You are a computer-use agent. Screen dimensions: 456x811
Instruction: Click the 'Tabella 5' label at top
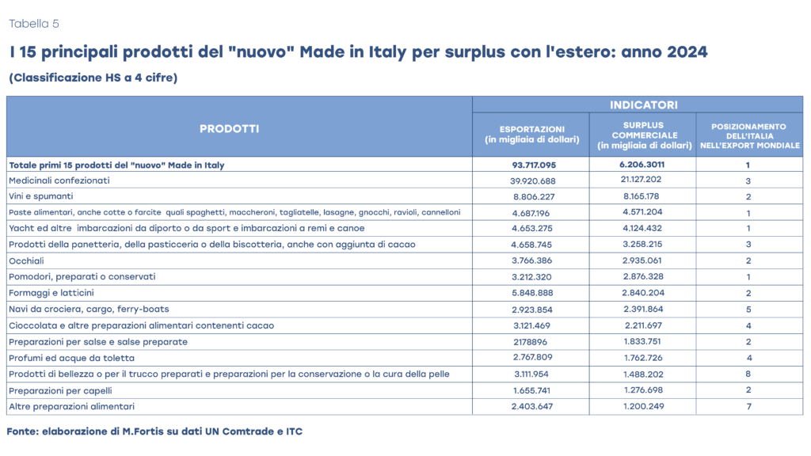[33, 24]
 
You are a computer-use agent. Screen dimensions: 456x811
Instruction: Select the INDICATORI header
[638, 104]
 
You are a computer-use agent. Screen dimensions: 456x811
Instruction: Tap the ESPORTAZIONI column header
[531, 135]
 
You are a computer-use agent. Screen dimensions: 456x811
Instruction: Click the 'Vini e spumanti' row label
[41, 196]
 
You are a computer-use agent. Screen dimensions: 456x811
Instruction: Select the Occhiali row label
[28, 260]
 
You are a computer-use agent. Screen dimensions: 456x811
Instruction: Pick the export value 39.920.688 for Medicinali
[531, 180]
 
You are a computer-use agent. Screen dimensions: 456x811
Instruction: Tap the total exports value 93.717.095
[531, 165]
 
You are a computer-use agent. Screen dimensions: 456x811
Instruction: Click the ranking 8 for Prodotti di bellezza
[747, 374]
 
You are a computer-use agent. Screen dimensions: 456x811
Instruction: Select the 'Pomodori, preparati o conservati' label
[82, 277]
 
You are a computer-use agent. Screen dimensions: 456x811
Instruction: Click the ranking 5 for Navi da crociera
[747, 310]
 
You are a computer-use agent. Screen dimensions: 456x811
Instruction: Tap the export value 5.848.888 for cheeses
[531, 293]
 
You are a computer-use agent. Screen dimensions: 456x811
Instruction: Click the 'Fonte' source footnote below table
[154, 431]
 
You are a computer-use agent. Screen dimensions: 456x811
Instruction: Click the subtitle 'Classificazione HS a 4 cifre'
[93, 78]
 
